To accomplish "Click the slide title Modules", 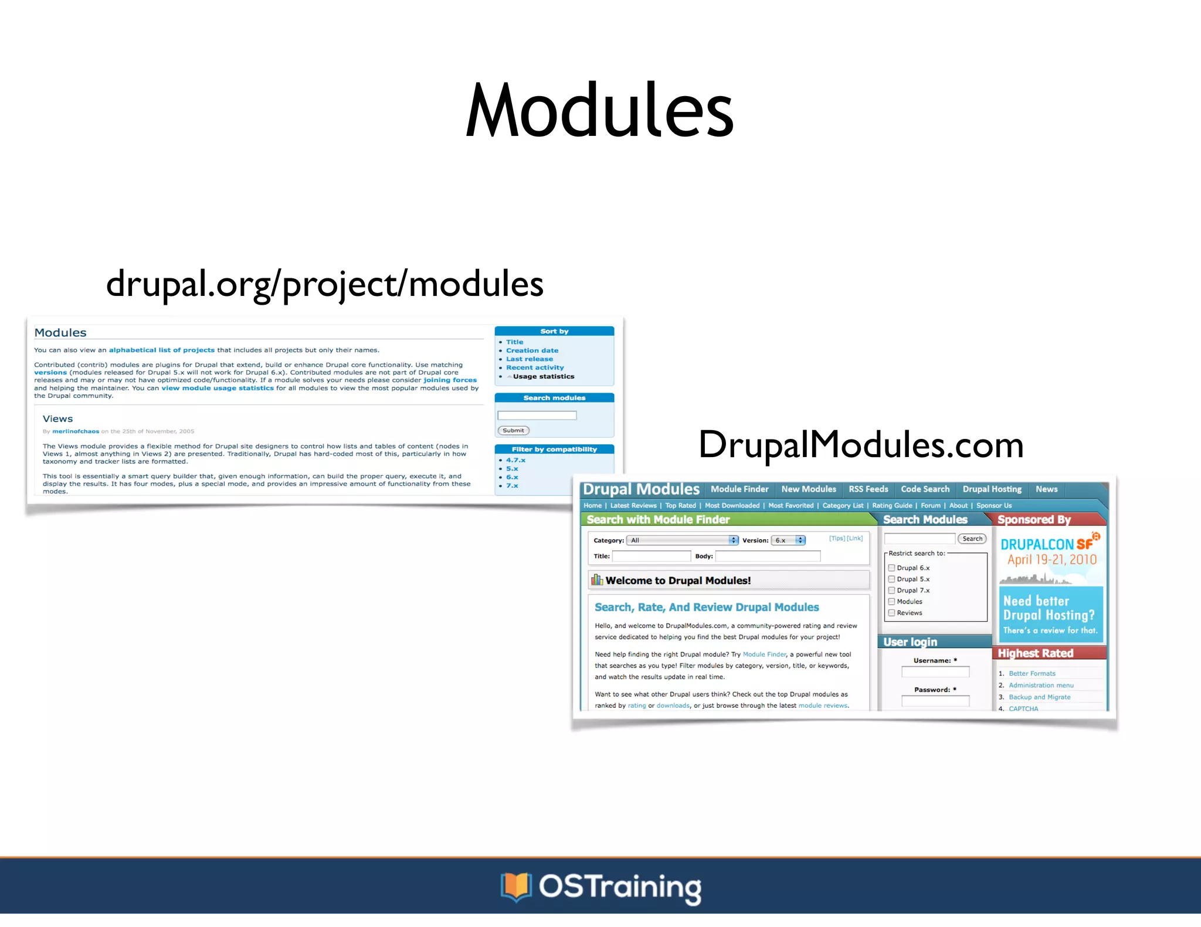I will coord(599,111).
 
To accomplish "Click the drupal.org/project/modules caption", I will coord(324,284).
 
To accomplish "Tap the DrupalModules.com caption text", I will coord(860,445).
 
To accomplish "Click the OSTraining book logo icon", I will coord(515,887).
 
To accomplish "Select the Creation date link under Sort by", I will coord(532,350).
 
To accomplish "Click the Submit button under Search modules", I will coord(513,430).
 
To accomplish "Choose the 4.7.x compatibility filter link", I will coord(515,460).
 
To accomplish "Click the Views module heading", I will coord(57,419).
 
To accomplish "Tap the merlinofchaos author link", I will coord(76,431).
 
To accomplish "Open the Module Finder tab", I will coord(739,489).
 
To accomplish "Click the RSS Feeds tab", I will coord(868,489).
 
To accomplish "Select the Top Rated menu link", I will coord(680,506).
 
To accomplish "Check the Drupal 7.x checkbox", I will coord(891,590).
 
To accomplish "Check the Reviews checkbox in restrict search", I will coord(891,613).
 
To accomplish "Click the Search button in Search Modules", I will coord(972,539).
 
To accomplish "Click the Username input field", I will coord(935,672).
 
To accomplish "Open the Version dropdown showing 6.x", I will coord(788,540).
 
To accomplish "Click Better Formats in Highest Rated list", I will coord(1032,674).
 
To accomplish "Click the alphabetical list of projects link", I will coord(161,350).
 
